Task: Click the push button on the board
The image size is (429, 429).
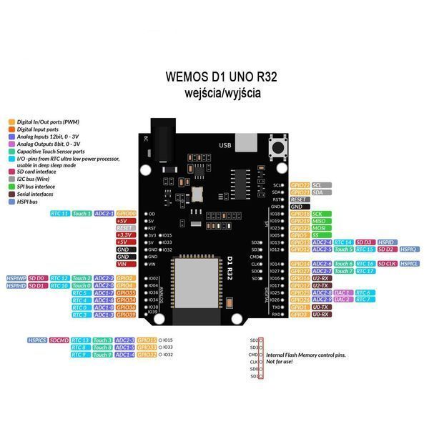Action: point(277,148)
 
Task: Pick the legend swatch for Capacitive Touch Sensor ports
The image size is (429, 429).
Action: point(11,152)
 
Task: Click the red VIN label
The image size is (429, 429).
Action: point(123,264)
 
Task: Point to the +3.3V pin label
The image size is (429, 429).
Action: point(123,235)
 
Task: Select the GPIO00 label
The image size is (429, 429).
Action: point(127,213)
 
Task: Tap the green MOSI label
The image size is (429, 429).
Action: point(319,228)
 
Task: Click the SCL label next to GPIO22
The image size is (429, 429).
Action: point(317,184)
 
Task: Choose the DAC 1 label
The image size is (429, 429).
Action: point(342,292)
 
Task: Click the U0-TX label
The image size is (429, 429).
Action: point(321,307)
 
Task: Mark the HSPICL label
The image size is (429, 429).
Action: point(410,264)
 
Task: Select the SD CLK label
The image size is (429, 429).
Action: point(387,264)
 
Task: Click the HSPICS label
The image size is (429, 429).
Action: point(37,340)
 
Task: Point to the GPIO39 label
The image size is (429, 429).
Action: point(127,315)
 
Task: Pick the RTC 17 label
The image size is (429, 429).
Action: point(365,271)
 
